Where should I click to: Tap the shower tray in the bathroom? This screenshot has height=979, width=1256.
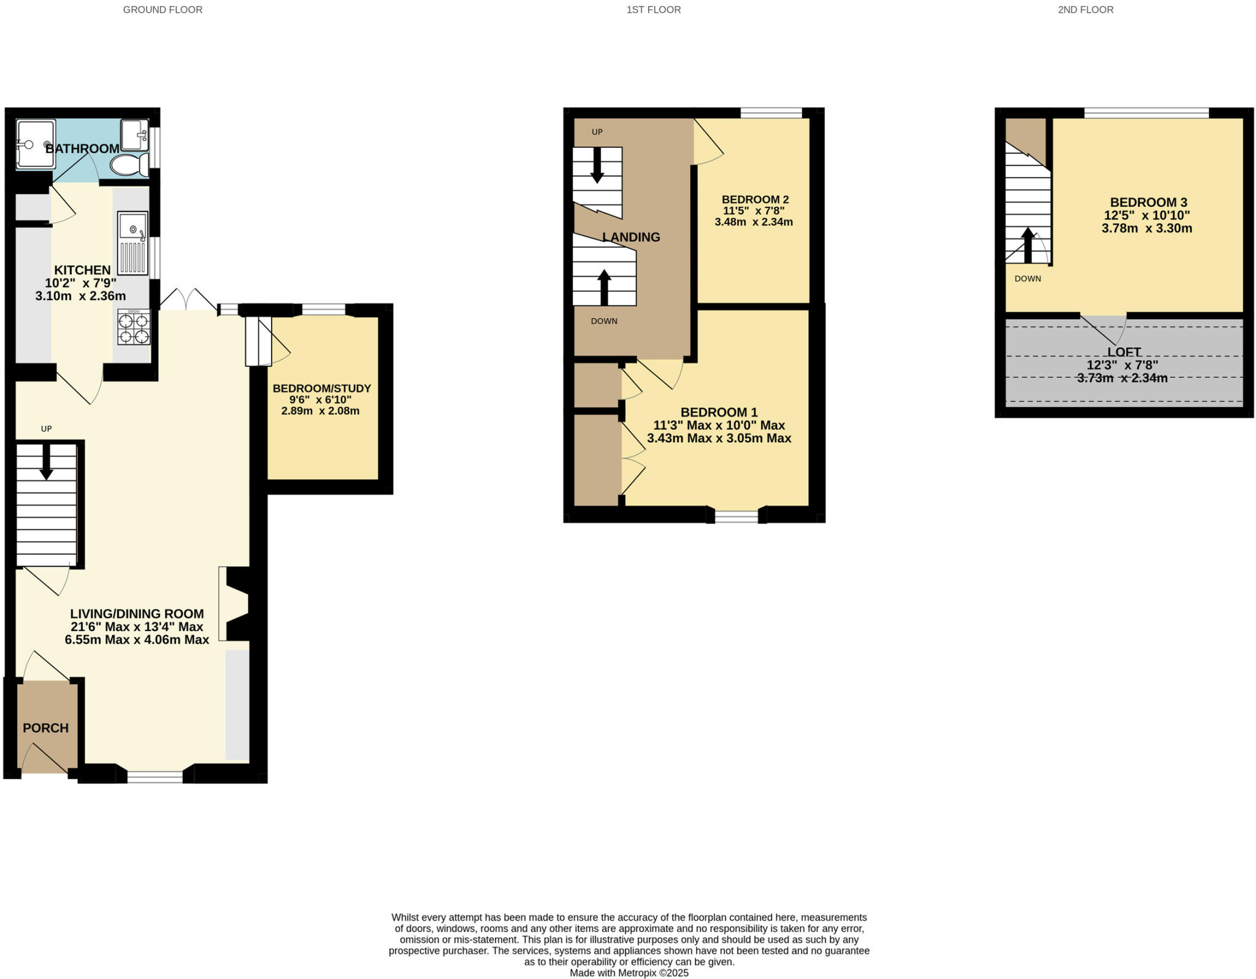36,144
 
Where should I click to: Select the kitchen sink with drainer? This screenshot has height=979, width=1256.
132,243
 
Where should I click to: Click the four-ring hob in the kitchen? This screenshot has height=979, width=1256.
134,328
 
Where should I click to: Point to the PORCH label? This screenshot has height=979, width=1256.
45,728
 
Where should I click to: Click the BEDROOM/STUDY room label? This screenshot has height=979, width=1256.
321,388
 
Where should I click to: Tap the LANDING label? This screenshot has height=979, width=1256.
631,237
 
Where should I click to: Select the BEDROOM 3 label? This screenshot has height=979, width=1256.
1148,202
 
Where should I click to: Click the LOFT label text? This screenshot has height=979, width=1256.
1124,352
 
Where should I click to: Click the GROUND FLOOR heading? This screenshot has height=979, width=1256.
163,10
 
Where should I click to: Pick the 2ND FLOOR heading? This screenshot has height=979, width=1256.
1085,10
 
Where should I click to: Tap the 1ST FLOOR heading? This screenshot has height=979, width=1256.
653,10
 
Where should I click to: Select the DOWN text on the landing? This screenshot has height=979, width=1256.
603,321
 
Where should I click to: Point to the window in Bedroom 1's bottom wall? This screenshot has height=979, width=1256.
736,516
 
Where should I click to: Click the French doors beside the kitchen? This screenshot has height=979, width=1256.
188,301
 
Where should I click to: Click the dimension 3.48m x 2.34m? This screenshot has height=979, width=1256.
753,222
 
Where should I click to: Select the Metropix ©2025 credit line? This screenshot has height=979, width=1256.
629,973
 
